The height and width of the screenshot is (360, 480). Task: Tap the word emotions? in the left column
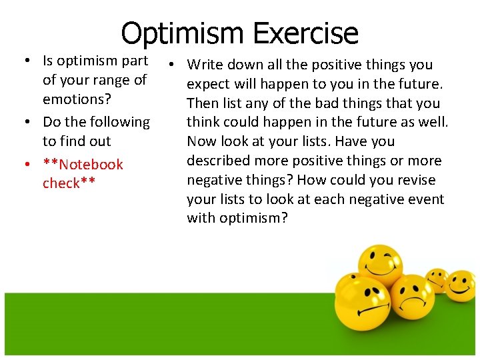tap(77, 99)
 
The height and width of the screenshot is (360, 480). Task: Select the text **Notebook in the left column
tap(83, 164)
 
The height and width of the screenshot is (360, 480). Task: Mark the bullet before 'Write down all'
tap(171, 65)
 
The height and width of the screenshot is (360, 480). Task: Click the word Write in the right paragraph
tap(205, 65)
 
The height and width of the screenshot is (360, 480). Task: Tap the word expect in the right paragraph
tap(209, 84)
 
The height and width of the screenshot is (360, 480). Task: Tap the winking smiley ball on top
tap(379, 266)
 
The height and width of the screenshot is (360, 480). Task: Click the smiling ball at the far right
tap(460, 285)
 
